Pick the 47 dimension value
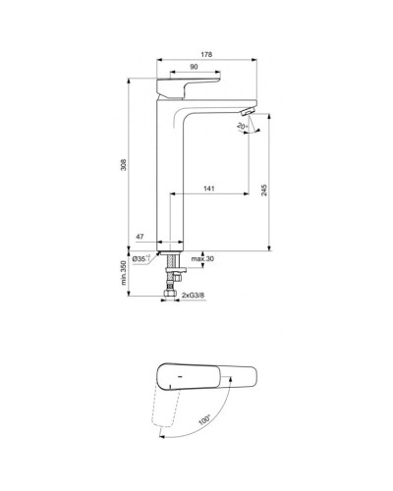(140, 238)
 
